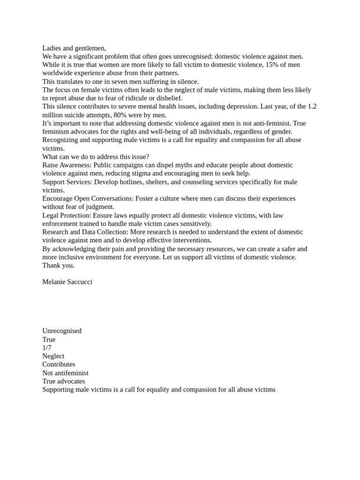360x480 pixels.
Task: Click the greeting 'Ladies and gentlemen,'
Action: tap(74, 48)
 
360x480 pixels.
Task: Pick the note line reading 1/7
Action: tap(47, 348)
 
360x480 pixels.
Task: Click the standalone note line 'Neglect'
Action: tap(53, 356)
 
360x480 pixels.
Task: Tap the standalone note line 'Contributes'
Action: tap(59, 364)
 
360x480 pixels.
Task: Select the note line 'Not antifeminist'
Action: tap(65, 373)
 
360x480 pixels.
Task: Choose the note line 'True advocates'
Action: tap(63, 381)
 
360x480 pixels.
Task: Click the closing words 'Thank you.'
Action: tap(58, 265)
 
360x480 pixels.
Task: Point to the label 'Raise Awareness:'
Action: tap(67, 165)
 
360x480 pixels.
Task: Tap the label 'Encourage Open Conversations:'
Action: tap(88, 198)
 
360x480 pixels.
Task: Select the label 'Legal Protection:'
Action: tap(67, 215)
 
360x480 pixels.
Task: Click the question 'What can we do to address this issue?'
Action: tap(96, 157)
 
